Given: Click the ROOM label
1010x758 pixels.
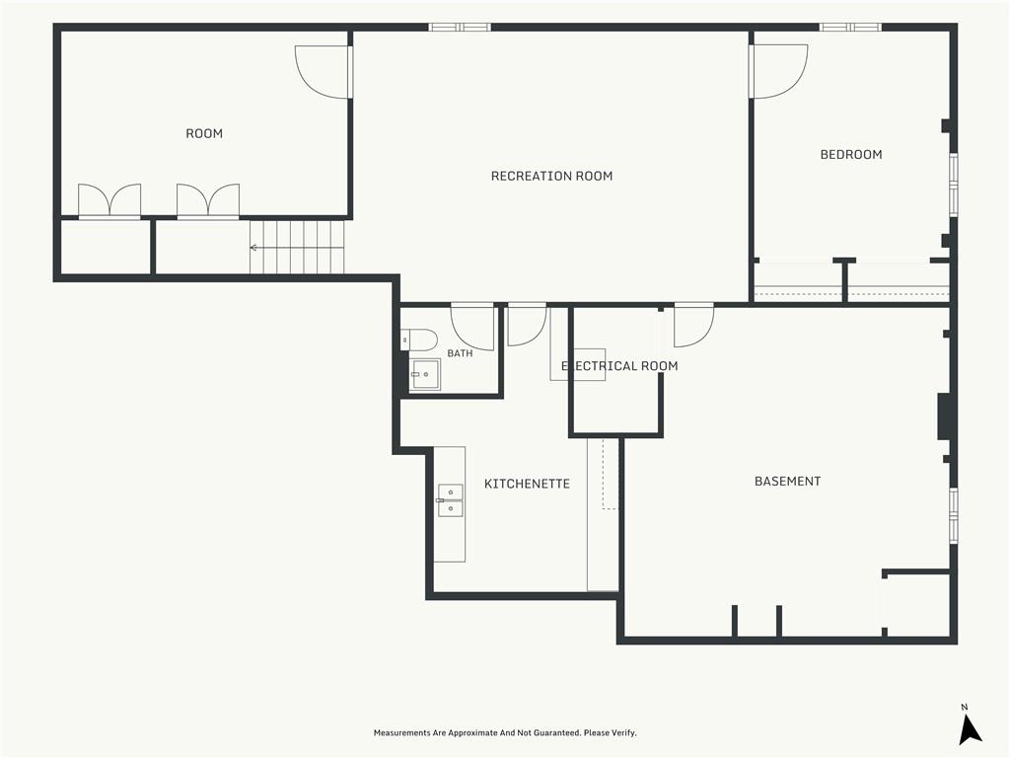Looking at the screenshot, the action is point(204,133).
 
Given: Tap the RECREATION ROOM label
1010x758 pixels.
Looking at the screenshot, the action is point(551,176).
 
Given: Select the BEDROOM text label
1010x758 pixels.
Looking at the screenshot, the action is point(851,155).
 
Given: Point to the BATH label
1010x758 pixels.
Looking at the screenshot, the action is point(460,353).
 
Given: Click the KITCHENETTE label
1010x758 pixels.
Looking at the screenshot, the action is point(527,484).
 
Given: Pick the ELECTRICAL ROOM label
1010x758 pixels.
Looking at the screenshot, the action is point(619,366).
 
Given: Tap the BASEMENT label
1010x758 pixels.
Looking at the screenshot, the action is point(787,482).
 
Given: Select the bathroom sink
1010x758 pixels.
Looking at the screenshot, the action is point(426,374).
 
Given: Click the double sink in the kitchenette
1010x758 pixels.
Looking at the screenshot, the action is point(450,500).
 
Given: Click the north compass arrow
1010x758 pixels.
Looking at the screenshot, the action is point(970,731).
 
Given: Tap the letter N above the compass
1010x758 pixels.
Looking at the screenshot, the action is point(965,707).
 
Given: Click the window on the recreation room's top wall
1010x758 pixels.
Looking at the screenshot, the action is point(460,27).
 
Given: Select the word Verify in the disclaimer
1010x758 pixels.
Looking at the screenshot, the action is point(623,733).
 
